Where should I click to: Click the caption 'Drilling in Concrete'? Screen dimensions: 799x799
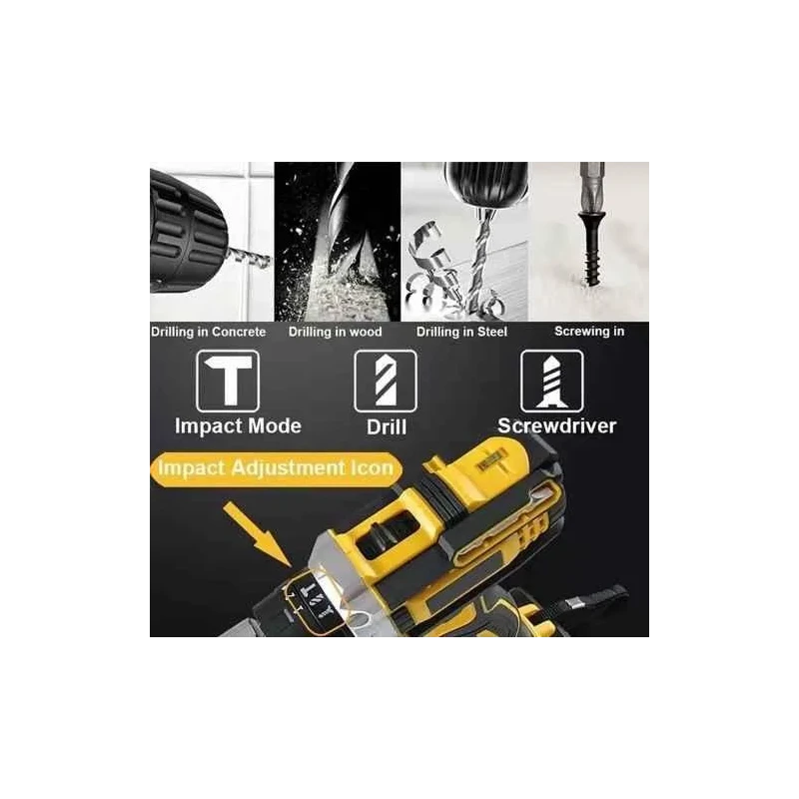(x=209, y=332)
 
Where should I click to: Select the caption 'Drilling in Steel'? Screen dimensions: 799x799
(x=461, y=332)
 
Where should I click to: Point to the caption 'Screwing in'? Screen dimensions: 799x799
(x=590, y=331)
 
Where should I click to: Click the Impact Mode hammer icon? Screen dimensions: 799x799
(x=227, y=382)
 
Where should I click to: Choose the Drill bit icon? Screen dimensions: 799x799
(x=386, y=382)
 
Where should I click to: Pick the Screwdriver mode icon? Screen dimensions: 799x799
(x=552, y=382)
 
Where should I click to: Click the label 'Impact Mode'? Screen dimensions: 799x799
(x=238, y=425)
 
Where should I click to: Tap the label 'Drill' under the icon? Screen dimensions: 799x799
(x=387, y=426)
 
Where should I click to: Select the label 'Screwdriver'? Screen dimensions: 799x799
(x=557, y=425)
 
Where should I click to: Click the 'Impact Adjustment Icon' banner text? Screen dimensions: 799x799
(x=276, y=467)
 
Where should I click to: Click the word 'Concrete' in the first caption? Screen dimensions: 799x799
(x=238, y=332)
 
